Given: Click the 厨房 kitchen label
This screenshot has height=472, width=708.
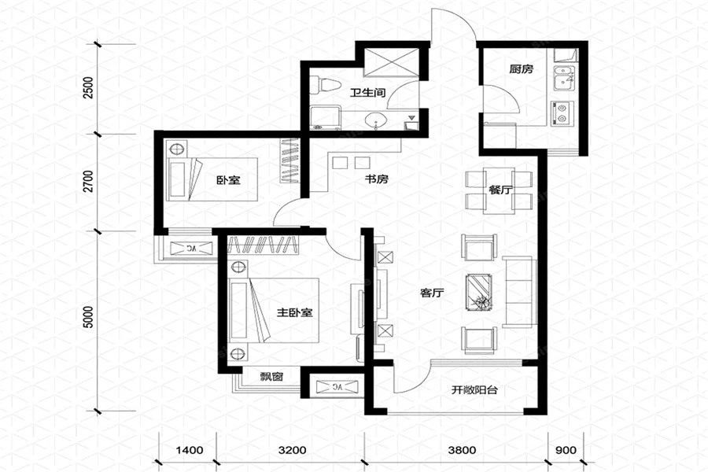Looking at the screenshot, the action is (x=521, y=69).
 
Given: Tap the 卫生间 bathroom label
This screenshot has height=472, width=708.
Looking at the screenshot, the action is (x=368, y=94).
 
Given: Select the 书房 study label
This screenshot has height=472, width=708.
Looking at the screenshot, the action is (x=376, y=179).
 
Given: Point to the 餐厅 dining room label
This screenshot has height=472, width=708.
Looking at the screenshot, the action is (x=500, y=190).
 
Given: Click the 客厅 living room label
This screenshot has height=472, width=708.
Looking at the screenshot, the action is (x=432, y=293).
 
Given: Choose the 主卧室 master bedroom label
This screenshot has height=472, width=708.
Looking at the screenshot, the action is (x=294, y=312).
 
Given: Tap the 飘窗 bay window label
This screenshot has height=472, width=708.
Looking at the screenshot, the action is (x=271, y=376).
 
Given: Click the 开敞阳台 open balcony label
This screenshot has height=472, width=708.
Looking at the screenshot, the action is (x=474, y=390).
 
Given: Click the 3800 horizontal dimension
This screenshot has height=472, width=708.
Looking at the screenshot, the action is (x=462, y=450).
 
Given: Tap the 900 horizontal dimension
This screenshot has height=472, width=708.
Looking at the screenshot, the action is (x=566, y=450).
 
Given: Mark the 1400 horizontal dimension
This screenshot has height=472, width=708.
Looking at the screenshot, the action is (x=189, y=450).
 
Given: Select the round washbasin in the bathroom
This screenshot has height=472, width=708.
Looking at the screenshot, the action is (x=376, y=120).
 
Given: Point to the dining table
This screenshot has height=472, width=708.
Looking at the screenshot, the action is (x=499, y=190).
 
